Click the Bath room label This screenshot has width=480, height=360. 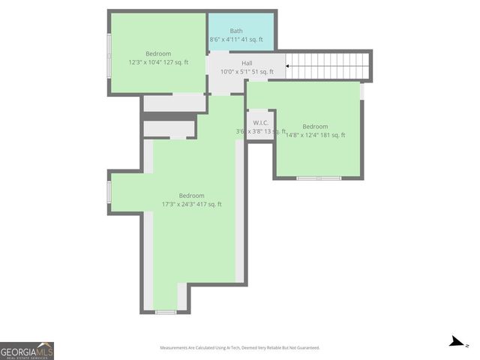coord(236,31)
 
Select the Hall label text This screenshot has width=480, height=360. coord(247,63)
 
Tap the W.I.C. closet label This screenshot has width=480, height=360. coord(261,122)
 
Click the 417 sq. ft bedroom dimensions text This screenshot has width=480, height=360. coord(192,204)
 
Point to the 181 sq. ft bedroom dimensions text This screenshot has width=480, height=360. coord(315,135)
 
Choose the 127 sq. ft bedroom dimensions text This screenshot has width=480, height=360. coord(158,62)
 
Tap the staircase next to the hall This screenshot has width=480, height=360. coord(330,66)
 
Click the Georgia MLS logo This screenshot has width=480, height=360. coord(27,350)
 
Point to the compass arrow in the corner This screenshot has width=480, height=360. coord(456,342)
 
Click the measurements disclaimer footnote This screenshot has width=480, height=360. coord(240,348)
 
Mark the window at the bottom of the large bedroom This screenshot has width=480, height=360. coord(166,311)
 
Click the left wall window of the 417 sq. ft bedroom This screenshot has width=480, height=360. coord(109,192)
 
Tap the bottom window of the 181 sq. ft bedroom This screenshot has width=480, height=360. coord(319,178)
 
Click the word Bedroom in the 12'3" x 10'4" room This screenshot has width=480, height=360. coord(158,53)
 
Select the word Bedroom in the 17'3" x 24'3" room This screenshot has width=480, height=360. coord(192,196)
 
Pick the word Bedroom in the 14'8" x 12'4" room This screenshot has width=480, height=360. coord(315,126)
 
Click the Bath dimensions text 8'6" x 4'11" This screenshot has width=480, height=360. coord(235,40)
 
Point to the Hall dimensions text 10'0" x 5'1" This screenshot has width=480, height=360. coord(247,72)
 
